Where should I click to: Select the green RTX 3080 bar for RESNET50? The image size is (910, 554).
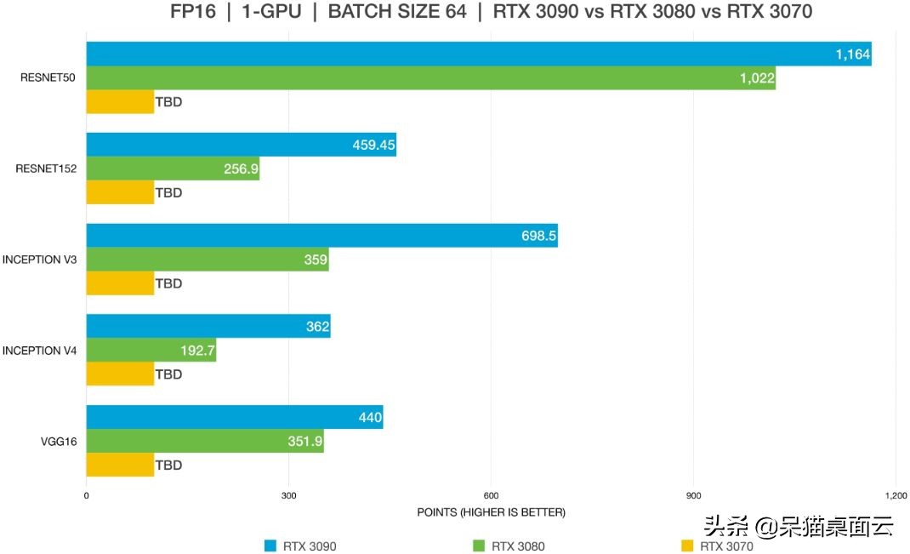click(x=430, y=78)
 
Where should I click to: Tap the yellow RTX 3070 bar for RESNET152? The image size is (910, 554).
click(x=120, y=192)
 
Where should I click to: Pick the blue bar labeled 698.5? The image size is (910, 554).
click(x=321, y=236)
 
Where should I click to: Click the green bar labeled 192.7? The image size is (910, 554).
click(x=151, y=350)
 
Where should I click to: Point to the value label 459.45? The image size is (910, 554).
click(x=373, y=146)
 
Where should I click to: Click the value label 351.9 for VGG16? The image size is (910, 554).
click(x=304, y=441)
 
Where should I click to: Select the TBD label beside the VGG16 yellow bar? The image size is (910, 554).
click(x=168, y=465)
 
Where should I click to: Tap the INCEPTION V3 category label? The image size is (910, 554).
click(x=40, y=259)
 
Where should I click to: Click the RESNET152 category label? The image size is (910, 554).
click(x=46, y=168)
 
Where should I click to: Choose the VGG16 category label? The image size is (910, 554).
click(x=59, y=441)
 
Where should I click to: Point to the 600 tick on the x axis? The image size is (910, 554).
click(x=491, y=496)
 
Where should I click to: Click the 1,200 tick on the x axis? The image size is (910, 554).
click(x=896, y=496)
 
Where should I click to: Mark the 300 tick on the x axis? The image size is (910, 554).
click(x=288, y=496)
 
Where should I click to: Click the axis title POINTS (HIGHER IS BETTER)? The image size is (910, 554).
click(x=491, y=512)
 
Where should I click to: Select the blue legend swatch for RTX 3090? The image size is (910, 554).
click(x=270, y=546)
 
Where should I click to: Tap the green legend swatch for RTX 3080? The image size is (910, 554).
click(x=478, y=546)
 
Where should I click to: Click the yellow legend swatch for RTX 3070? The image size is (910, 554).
click(x=687, y=546)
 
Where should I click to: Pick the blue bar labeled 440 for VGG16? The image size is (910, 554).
click(x=234, y=417)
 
